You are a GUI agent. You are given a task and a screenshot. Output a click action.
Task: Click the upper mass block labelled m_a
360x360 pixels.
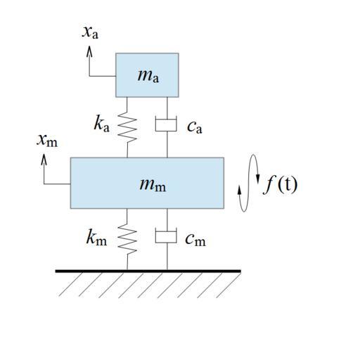click(147, 75)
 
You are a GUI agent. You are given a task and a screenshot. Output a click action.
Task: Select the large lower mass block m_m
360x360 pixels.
click(147, 183)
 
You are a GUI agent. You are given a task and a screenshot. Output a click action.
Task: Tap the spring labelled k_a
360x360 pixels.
click(127, 127)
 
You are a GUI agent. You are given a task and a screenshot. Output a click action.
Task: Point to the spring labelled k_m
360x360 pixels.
click(127, 239)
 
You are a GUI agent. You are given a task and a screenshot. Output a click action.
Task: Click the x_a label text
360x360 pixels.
click(90, 32)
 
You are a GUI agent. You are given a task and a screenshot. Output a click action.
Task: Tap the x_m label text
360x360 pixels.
click(47, 141)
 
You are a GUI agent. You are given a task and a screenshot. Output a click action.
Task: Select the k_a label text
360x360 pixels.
click(102, 124)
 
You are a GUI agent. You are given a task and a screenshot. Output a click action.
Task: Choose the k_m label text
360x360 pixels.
click(96, 237)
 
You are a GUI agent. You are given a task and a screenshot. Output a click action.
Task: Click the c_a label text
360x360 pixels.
click(195, 127)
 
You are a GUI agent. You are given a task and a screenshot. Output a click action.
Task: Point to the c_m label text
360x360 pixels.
click(195, 240)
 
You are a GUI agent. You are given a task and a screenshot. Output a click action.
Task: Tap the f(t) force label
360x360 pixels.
click(281, 185)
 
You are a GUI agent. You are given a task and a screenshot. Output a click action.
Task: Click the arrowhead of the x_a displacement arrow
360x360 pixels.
click(89, 51)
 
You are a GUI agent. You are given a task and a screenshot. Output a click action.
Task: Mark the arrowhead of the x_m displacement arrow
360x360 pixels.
click(44, 160)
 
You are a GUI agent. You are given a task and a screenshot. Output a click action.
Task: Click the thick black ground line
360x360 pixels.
click(148, 271)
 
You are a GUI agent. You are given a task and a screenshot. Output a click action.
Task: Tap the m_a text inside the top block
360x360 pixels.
click(148, 76)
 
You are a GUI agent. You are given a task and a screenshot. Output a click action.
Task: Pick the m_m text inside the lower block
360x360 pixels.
click(153, 185)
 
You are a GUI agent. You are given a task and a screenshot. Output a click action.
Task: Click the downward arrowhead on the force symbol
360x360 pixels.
click(258, 179)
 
